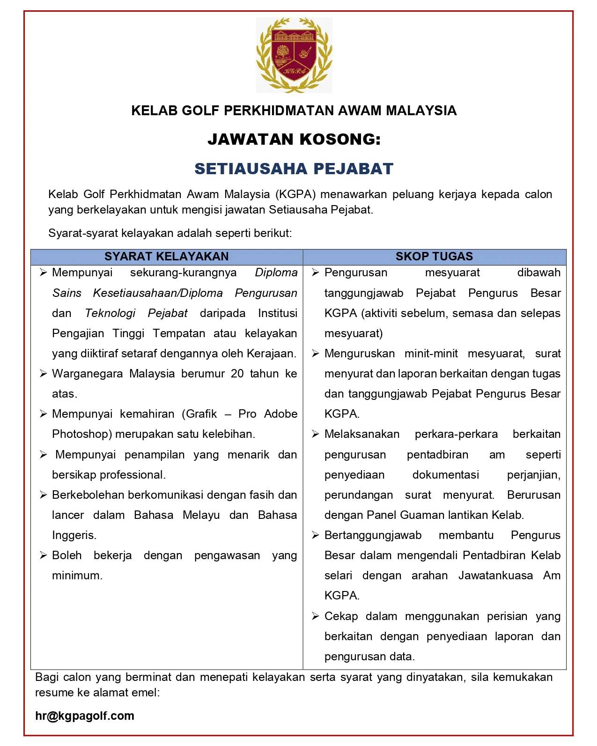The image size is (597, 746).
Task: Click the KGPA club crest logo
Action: click(294, 55)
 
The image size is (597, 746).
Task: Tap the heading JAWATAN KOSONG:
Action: click(294, 139)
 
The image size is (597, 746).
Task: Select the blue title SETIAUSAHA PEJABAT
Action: click(294, 169)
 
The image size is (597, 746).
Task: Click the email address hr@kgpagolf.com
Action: click(85, 716)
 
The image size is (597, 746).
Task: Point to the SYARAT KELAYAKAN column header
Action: click(166, 257)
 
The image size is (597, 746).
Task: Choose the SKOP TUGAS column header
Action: click(434, 257)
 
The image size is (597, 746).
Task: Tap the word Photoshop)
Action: click(82, 434)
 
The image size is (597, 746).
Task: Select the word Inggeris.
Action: click(74, 535)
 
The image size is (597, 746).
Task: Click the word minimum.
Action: click(77, 576)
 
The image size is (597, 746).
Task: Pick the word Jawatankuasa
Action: click(495, 576)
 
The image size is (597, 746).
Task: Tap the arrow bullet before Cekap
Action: click(316, 616)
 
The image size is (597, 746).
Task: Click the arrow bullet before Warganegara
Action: click(44, 374)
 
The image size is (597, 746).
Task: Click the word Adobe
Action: click(280, 414)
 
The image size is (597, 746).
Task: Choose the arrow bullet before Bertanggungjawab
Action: click(316, 535)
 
